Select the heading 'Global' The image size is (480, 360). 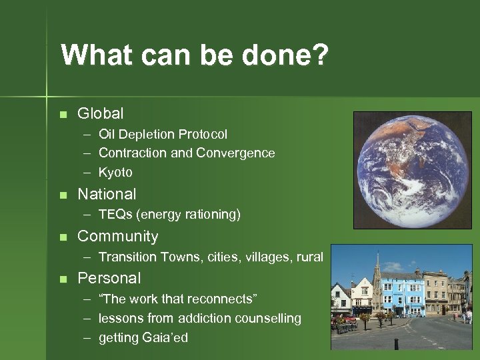(100, 114)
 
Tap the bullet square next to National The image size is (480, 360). (63, 195)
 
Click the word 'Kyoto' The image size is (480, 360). (115, 173)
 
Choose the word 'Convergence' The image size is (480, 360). (235, 153)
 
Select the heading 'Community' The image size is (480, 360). (118, 237)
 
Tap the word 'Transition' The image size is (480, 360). (127, 257)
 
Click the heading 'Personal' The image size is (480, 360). (109, 278)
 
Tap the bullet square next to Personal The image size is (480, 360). (63, 279)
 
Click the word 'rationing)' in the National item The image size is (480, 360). (214, 215)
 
